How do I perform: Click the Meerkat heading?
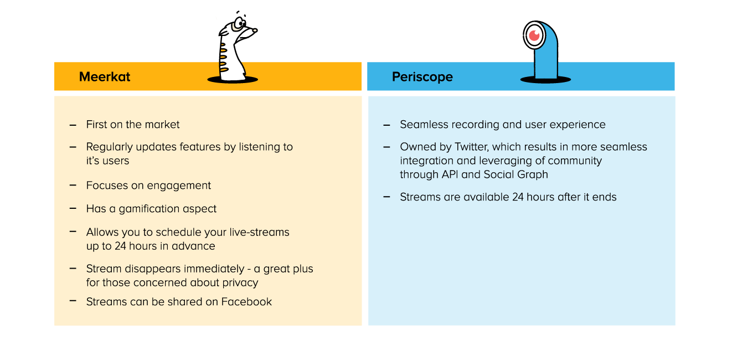(105, 76)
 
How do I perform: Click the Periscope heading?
(422, 76)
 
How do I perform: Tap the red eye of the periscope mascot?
(534, 35)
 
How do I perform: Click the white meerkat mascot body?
(234, 70)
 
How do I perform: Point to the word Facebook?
(246, 302)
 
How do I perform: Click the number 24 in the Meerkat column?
(121, 246)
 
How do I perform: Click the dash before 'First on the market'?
(73, 125)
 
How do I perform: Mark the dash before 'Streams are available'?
(386, 197)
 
